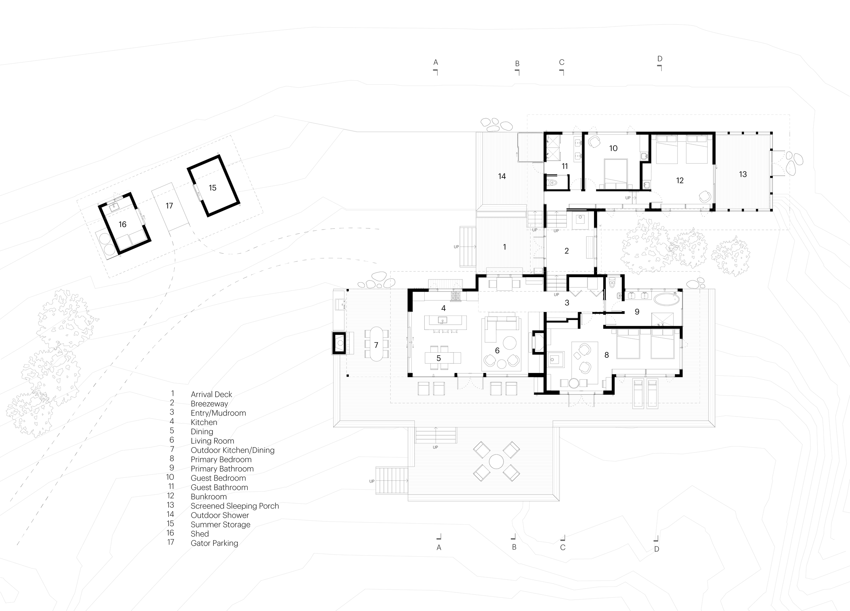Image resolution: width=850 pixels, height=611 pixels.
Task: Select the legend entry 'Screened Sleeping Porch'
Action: tap(235, 506)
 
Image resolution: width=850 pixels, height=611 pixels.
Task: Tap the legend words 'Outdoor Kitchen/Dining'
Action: tap(232, 450)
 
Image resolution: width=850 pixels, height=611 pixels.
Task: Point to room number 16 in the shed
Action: tap(122, 224)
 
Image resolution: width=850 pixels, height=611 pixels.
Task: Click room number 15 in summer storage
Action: tap(213, 188)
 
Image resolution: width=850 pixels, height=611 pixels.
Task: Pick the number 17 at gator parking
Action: tap(169, 206)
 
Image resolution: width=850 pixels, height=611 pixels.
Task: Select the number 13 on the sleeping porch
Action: tap(743, 174)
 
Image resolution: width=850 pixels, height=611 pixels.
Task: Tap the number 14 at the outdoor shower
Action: tap(502, 176)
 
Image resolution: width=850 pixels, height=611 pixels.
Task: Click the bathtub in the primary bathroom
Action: tap(667, 299)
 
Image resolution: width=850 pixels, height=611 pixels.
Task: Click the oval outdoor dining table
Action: tap(376, 344)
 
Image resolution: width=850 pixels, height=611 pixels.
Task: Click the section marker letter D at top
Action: tap(660, 59)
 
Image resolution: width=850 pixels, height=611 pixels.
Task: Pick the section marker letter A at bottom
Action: tap(439, 548)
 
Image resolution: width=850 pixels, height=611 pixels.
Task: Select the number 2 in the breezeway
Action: tap(566, 251)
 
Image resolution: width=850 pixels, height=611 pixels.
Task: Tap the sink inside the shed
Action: tap(114, 206)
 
